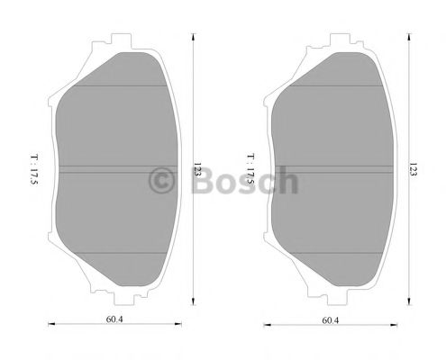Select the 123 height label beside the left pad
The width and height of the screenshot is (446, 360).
[196, 169]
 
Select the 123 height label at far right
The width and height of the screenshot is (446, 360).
[413, 169]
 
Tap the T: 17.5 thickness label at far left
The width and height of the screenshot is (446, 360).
[33, 169]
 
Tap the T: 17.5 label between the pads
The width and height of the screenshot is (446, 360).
[250, 169]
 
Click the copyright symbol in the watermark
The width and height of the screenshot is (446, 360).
[163, 180]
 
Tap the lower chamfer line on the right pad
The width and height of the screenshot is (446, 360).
[330, 253]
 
